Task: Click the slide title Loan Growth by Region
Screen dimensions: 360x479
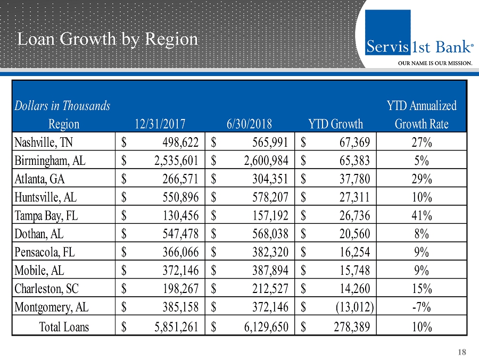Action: pos(108,39)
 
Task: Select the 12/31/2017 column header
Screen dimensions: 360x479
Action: pos(160,124)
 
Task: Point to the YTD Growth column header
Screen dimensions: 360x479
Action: pos(335,124)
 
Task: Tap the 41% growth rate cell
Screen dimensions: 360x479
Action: pos(422,216)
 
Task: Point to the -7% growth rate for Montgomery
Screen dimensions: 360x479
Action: pos(422,308)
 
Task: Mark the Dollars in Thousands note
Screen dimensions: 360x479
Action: pos(62,106)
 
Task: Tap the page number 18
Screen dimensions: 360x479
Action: pos(461,351)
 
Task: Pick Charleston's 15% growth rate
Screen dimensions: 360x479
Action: pos(422,290)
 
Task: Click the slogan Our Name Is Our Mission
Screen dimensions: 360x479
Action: pos(436,63)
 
